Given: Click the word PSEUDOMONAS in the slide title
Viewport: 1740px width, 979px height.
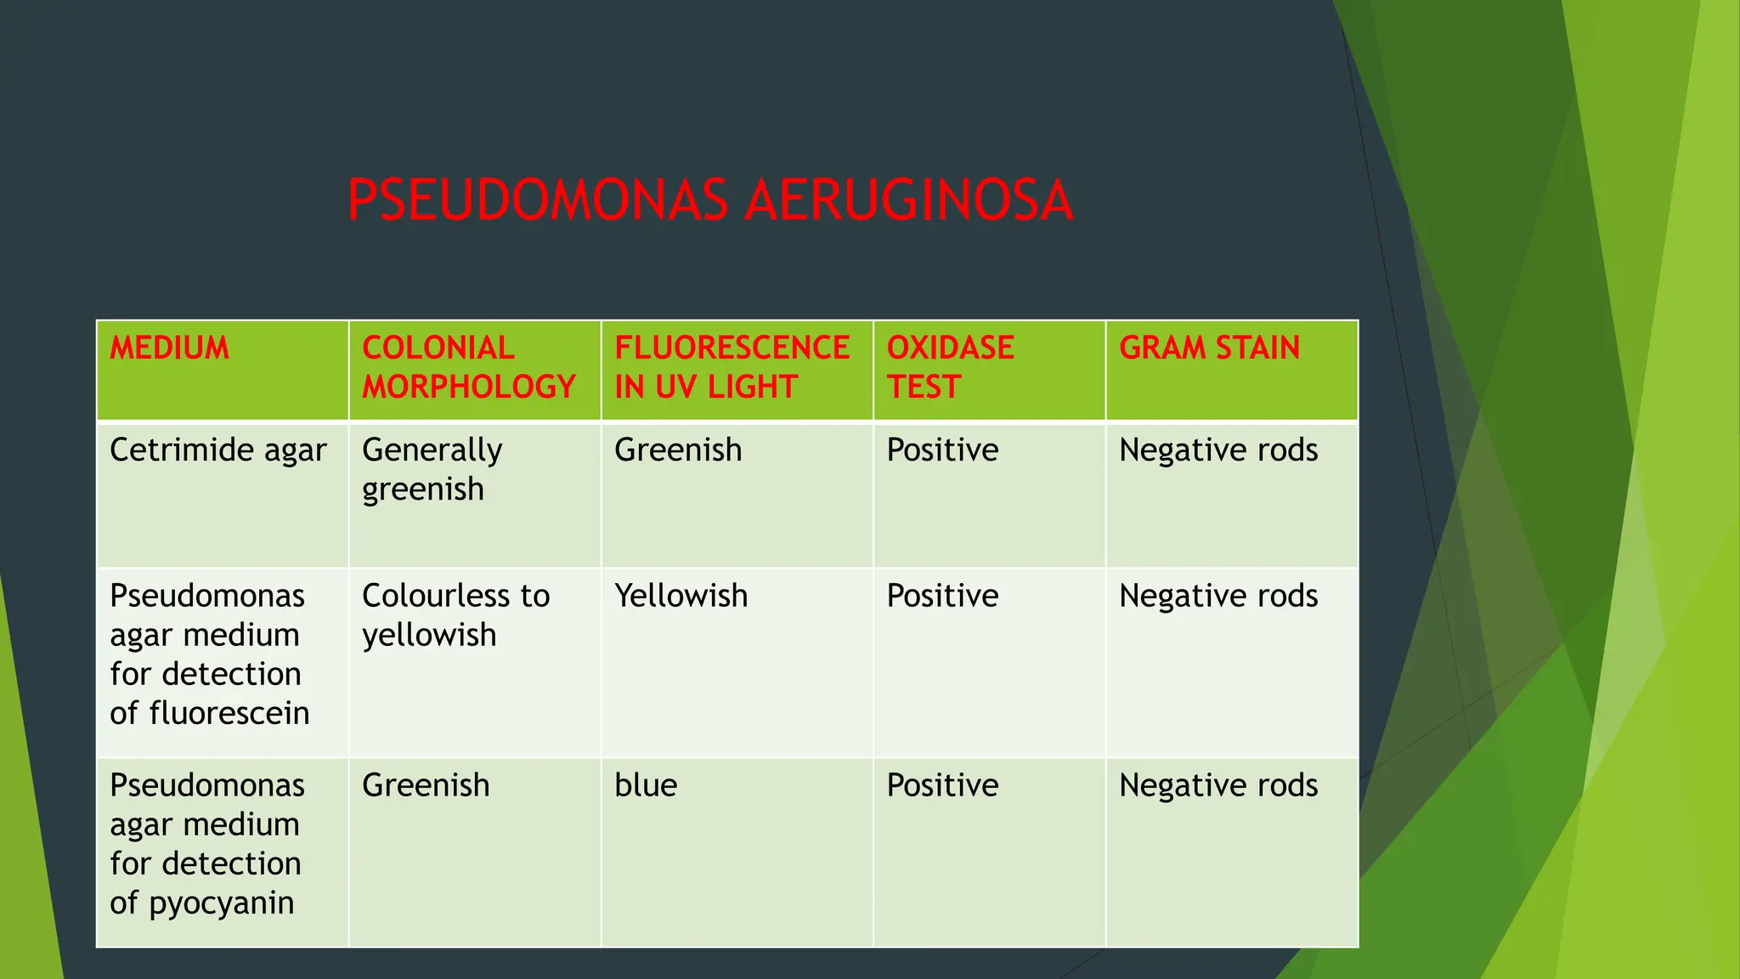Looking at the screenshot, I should (538, 201).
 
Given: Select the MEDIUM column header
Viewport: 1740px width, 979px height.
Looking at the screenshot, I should (169, 348).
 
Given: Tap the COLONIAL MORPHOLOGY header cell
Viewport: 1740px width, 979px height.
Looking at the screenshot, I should (469, 367).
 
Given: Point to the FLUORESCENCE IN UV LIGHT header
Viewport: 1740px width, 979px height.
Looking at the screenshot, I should (732, 367).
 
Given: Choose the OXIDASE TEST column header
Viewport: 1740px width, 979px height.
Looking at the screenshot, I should (950, 367).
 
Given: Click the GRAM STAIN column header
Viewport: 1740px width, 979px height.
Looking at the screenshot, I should (1209, 348).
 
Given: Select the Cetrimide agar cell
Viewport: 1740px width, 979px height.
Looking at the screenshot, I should (217, 450).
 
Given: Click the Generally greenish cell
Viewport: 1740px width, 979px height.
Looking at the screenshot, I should (432, 469).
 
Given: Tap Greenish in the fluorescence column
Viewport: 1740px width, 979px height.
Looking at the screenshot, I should (678, 450).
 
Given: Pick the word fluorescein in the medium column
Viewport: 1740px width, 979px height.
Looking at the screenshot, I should (229, 713).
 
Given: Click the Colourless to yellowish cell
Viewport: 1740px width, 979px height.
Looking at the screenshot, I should (455, 615).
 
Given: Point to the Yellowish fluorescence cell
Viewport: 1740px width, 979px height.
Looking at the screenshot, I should (681, 597).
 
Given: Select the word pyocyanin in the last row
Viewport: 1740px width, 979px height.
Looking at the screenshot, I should (222, 903).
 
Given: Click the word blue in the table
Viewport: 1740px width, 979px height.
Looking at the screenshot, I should (646, 786).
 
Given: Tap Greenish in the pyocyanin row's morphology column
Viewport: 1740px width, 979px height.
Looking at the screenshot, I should (426, 786).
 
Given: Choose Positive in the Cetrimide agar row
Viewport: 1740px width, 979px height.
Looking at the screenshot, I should (942, 450).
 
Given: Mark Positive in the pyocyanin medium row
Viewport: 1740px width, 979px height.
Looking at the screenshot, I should (942, 786).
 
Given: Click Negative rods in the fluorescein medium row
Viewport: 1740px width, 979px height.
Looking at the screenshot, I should (1218, 597).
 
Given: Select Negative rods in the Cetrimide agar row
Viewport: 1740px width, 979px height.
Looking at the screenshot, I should (1218, 450).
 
